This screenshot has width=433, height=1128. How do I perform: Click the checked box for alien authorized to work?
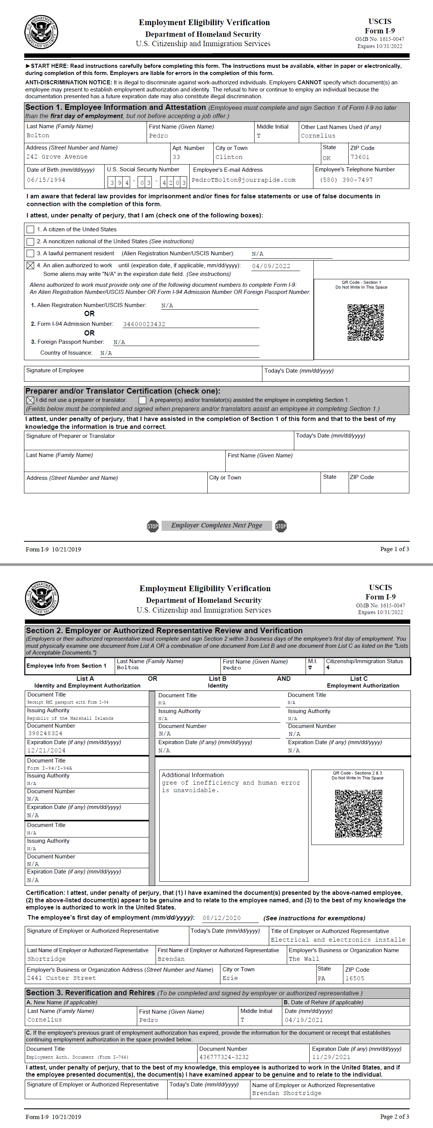[30, 265]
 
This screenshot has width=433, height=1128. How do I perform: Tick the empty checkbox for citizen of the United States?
[30, 229]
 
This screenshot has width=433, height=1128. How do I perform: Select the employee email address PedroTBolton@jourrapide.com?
[243, 180]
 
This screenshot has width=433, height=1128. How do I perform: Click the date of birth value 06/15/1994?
[46, 180]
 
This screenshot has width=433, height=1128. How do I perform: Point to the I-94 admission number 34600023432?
[144, 324]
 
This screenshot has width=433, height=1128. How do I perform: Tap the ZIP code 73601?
[360, 157]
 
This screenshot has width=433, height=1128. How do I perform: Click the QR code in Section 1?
[366, 322]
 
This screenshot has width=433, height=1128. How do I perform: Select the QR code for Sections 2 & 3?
[358, 813]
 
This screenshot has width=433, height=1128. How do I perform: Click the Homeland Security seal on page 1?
[41, 32]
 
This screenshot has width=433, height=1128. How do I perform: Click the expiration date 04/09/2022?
[271, 266]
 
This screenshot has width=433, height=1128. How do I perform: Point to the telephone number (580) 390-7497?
[346, 180]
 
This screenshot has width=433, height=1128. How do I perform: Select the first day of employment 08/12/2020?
[222, 918]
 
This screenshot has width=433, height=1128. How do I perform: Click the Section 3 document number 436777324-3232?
[224, 1057]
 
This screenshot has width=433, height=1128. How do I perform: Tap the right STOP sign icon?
[281, 526]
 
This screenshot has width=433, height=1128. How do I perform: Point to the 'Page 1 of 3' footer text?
[394, 549]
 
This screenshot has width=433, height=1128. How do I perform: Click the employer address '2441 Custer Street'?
[61, 978]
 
